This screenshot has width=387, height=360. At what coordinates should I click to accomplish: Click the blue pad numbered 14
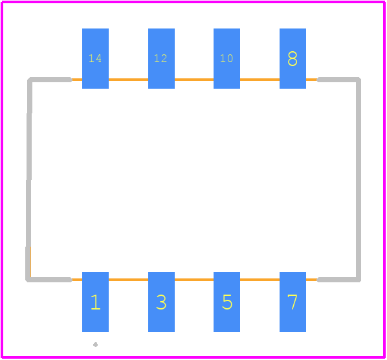click(95, 58)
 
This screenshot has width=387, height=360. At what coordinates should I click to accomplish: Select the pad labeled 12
click(161, 58)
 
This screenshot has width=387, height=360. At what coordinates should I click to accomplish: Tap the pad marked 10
click(227, 58)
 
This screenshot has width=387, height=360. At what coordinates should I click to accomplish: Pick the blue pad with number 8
click(293, 58)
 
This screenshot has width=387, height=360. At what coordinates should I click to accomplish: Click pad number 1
click(95, 302)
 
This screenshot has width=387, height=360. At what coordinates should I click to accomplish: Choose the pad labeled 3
click(161, 302)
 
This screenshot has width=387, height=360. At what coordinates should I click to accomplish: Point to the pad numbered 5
click(227, 302)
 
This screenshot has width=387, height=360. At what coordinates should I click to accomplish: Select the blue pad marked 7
click(293, 302)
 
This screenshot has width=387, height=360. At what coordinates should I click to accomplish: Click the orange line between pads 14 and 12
click(128, 80)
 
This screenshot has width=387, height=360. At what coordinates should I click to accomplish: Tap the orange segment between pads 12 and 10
click(194, 80)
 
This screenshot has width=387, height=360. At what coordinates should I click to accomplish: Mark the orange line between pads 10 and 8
click(260, 80)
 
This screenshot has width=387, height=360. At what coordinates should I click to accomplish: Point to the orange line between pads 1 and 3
click(128, 280)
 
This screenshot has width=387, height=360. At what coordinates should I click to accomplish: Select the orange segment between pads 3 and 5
click(194, 280)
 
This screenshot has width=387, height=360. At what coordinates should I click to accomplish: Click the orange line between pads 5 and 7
click(260, 280)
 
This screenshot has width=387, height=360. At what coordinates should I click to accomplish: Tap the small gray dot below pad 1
click(96, 344)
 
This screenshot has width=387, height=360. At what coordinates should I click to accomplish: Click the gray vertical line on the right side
click(359, 179)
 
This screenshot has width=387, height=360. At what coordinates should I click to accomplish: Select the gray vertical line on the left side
click(29, 179)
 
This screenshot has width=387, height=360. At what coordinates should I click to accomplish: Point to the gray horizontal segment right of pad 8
click(338, 80)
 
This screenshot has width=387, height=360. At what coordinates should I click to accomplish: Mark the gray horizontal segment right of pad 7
click(338, 280)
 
